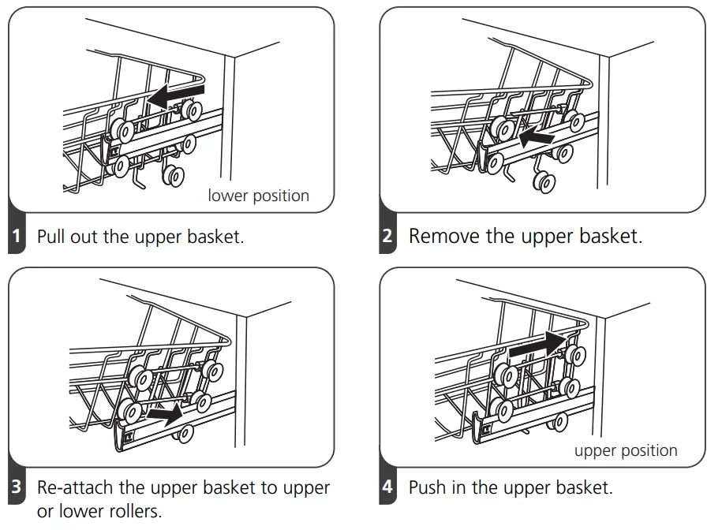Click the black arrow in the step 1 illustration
click(176, 96)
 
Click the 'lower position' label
click(258, 196)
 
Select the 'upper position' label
click(626, 450)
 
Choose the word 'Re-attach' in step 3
click(77, 487)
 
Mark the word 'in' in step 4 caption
click(464, 487)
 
